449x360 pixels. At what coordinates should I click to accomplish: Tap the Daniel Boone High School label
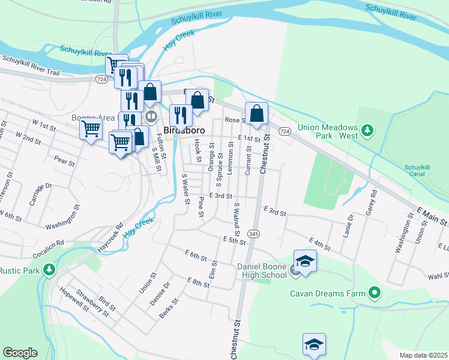262,270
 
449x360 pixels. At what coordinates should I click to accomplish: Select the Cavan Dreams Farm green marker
375,293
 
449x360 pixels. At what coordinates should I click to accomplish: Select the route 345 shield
254,234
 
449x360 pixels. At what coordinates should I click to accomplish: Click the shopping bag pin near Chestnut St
256,113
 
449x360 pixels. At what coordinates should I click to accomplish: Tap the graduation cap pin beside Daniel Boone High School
305,262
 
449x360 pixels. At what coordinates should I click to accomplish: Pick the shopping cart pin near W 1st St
91,128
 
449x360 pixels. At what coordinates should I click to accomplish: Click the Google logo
20,353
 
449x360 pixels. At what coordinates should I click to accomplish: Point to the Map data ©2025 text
423,355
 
